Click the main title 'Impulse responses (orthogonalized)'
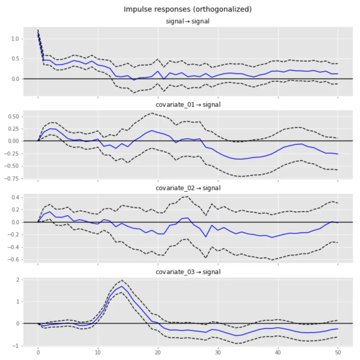pyautogui.click(x=187, y=9)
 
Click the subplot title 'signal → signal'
pyautogui.click(x=187, y=21)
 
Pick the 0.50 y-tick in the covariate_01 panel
pyautogui.click(x=13, y=116)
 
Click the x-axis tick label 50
pyautogui.click(x=338, y=353)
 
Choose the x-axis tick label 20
pyautogui.click(x=158, y=353)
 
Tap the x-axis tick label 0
pyautogui.click(x=38, y=353)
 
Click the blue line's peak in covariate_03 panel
pyautogui.click(x=122, y=286)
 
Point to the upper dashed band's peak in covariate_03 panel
pyautogui.click(x=122, y=280)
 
